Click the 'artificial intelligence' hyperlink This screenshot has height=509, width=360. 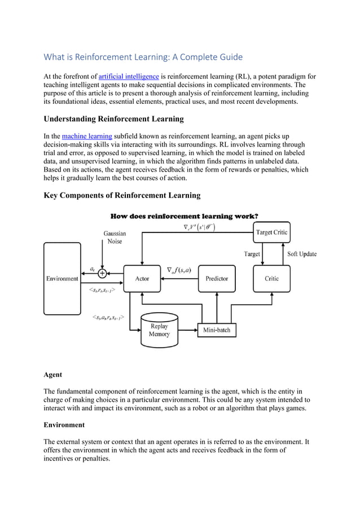(x=128, y=76)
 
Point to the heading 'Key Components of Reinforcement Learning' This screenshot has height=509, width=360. (x=122, y=195)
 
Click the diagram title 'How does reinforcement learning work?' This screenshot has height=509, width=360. (x=185, y=216)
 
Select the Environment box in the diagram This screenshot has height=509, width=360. (x=62, y=278)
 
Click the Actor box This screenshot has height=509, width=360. (x=142, y=278)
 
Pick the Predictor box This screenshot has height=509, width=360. (x=217, y=278)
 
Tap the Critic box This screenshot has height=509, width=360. (x=271, y=278)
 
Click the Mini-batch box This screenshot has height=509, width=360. (x=217, y=330)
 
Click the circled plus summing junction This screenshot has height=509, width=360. (x=102, y=273)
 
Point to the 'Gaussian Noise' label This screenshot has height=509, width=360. (x=115, y=237)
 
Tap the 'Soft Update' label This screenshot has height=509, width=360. (x=302, y=254)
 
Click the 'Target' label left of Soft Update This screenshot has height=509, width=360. (x=252, y=254)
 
